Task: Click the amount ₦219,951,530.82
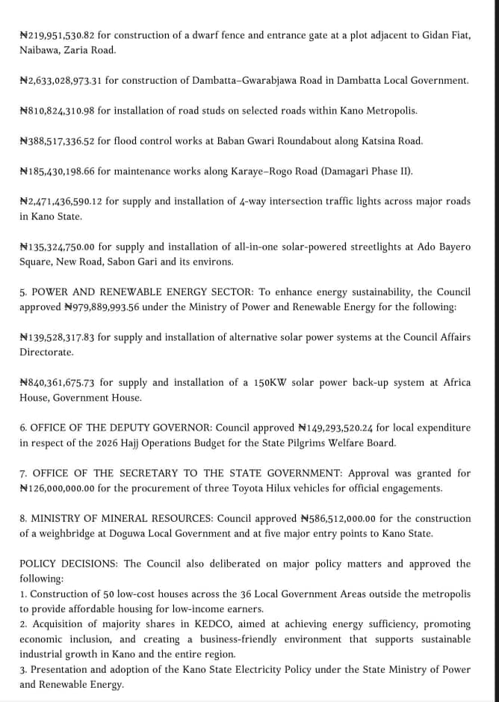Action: [x=57, y=35]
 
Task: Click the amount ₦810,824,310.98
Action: [x=57, y=111]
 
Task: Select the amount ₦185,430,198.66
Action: [x=57, y=171]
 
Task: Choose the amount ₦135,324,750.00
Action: [x=57, y=247]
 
